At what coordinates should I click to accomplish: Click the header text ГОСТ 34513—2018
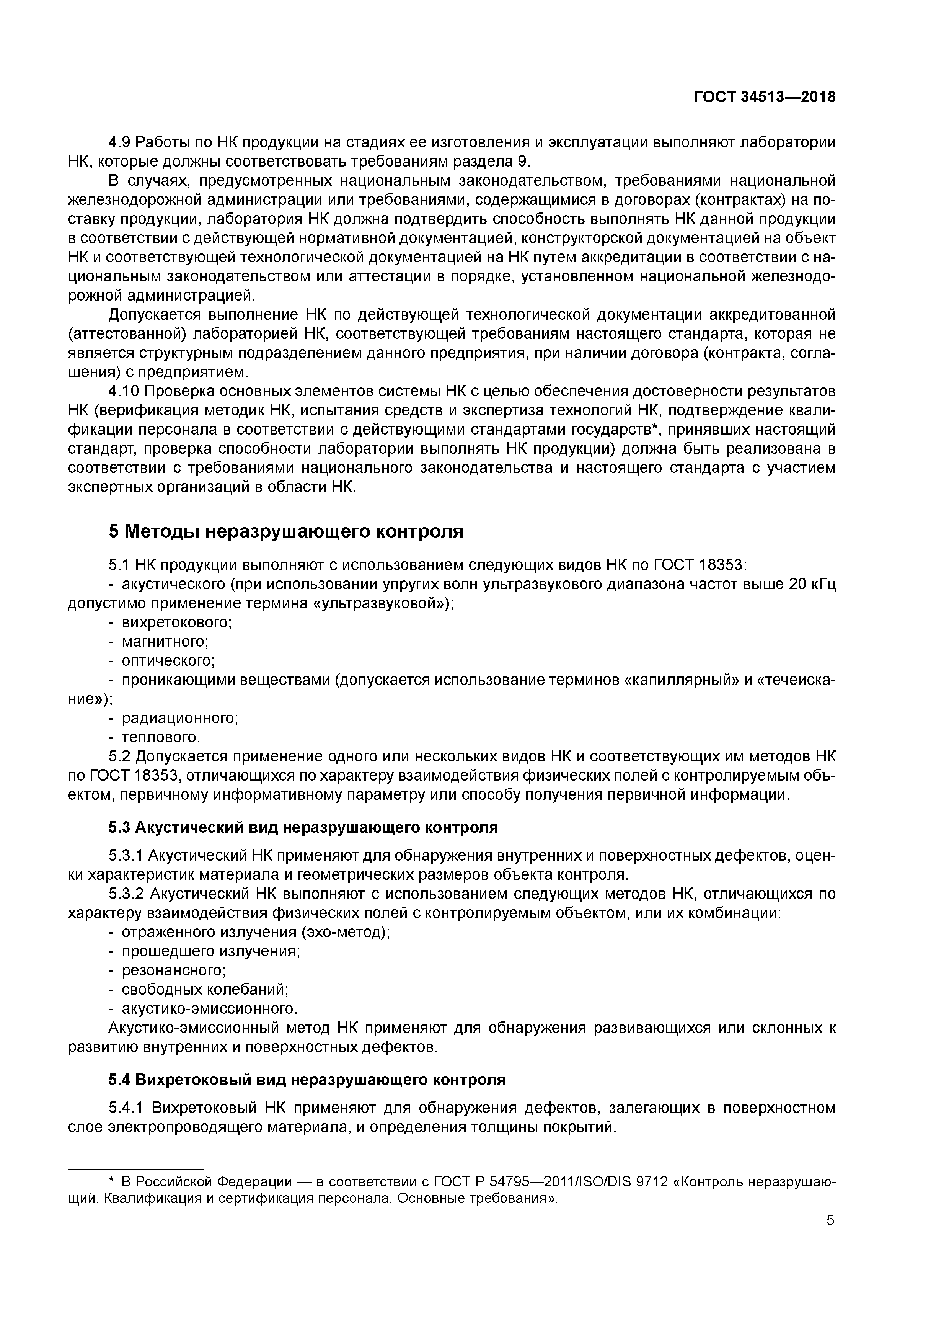(x=764, y=97)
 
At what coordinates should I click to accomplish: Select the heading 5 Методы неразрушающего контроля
(x=285, y=531)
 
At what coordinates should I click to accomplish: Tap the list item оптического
(x=168, y=660)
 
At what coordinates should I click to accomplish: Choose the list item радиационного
(x=179, y=718)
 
